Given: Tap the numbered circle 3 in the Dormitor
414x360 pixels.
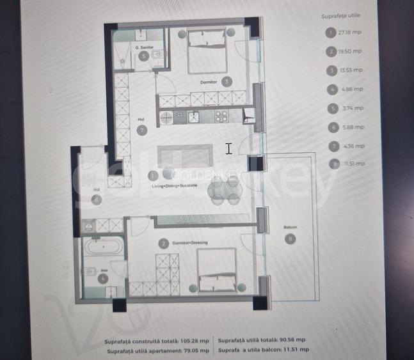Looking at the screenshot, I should point(227,81).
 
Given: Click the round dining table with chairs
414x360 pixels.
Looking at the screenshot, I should point(225,190).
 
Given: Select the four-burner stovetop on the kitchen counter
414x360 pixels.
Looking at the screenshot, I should point(221,116).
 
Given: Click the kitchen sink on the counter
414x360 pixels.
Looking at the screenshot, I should point(193,116).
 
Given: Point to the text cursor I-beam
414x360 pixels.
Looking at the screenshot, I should point(228,148).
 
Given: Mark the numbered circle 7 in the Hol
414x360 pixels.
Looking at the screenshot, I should point(142,130).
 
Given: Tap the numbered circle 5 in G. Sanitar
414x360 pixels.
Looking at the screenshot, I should point(144,56).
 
